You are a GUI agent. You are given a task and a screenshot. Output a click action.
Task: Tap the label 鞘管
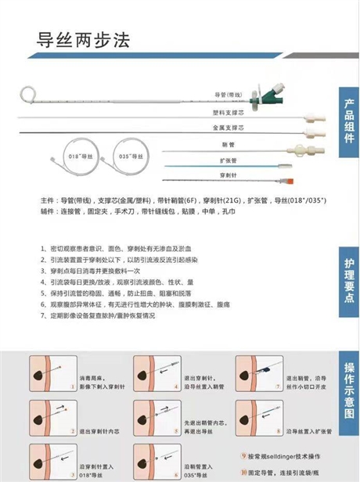[x=228, y=144]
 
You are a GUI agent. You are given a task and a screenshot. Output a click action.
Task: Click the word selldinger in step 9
[x=273, y=455]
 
